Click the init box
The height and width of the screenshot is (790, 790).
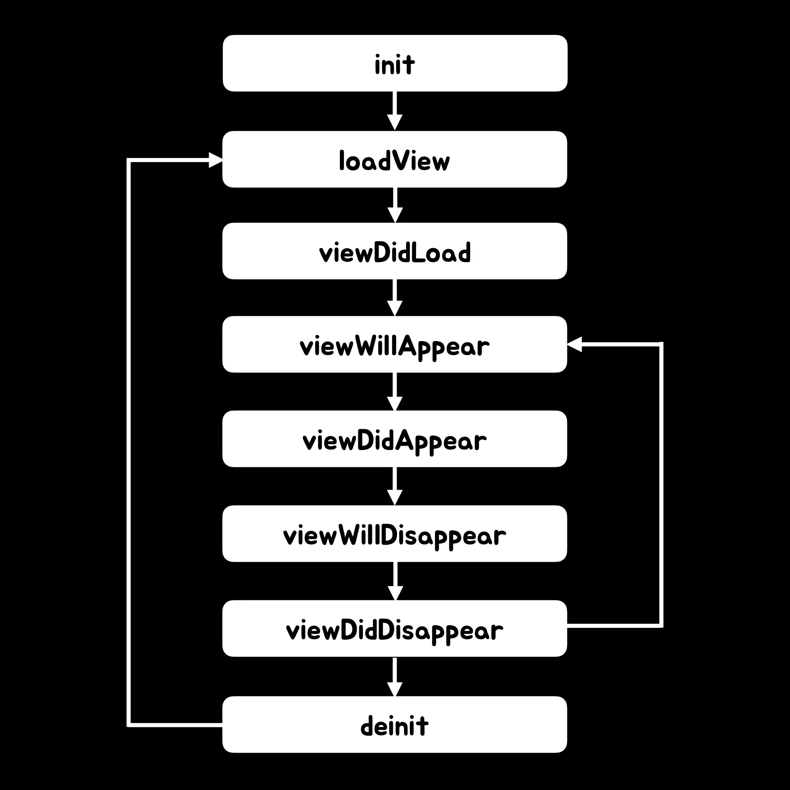395,63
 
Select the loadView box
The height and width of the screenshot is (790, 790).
395,159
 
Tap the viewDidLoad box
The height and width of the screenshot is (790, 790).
395,251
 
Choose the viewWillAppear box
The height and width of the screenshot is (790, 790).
395,344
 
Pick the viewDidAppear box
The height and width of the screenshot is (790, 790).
395,439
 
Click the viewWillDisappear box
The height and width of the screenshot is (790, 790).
395,534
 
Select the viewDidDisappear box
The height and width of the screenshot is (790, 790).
395,628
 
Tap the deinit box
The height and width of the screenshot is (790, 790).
395,725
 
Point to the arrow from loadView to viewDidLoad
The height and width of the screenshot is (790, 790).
395,204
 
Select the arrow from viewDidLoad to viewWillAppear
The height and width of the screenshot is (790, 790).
395,297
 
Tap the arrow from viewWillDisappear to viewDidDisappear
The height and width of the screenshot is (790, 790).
395,581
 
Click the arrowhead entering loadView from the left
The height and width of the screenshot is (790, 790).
215,160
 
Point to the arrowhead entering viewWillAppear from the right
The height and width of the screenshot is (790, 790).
575,344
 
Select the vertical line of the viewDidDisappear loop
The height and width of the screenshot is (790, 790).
661,486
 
